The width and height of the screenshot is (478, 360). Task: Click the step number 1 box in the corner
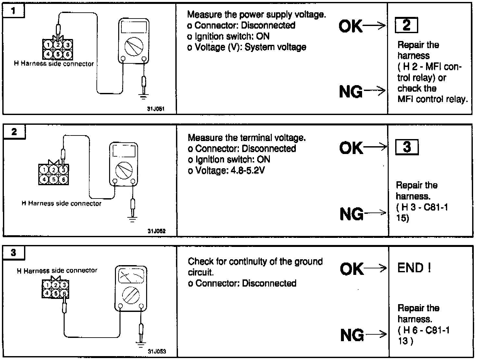point(13,11)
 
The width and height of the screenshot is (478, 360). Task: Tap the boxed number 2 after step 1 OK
point(406,25)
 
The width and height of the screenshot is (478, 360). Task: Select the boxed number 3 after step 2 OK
point(407,148)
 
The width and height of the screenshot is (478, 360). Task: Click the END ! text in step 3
point(414,268)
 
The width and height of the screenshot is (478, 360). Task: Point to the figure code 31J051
point(156,109)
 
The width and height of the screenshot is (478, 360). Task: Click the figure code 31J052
point(157,231)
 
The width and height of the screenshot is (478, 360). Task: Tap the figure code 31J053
point(157,352)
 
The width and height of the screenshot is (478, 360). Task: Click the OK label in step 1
point(350,26)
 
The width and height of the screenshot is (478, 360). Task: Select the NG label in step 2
point(351,214)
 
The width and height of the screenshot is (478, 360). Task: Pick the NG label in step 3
point(352,335)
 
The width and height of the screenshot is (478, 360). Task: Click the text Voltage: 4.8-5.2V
point(226,170)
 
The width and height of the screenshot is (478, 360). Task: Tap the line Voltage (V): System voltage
point(247,47)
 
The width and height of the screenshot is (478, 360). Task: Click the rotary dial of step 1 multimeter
point(134,46)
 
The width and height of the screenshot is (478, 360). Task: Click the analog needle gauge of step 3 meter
point(131,276)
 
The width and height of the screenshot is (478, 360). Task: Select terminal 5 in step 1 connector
point(58,54)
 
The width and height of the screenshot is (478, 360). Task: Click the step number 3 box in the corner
point(13,253)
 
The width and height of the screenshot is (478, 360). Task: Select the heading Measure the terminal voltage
point(247,138)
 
